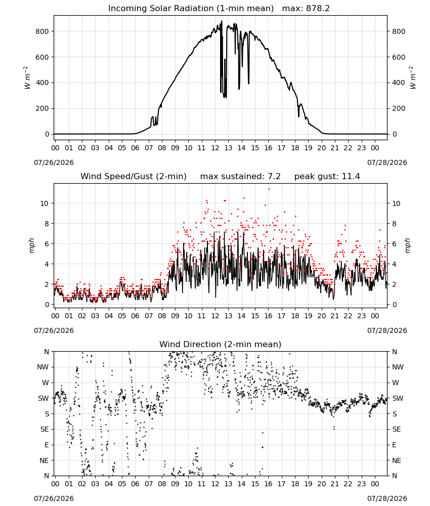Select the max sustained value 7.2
(274, 177)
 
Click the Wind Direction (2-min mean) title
(221, 344)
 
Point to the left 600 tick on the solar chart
(42, 57)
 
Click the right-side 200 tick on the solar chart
(399, 108)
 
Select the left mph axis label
(31, 245)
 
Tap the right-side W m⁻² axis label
(413, 78)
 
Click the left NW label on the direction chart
(43, 367)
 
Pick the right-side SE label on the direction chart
(397, 430)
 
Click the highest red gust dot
(269, 189)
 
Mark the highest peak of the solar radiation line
(222, 21)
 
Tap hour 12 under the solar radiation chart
(215, 148)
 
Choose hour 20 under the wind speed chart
(322, 316)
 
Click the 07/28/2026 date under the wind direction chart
(387, 498)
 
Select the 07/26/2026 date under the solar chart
(54, 162)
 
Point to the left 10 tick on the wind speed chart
(45, 203)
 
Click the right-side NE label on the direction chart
(397, 460)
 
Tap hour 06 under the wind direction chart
(135, 484)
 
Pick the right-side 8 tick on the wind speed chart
(394, 224)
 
